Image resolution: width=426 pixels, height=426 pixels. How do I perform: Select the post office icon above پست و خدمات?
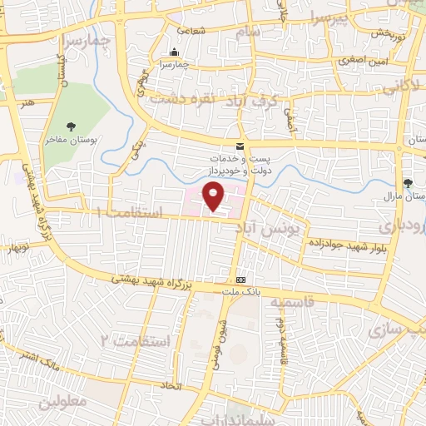240,147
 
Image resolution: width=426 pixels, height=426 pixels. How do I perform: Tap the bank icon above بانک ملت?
240,280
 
